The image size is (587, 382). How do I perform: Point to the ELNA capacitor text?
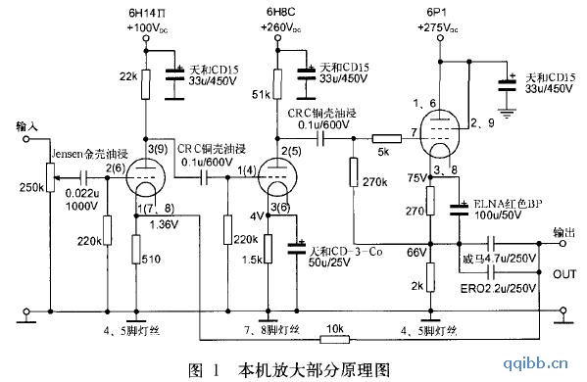(511, 207)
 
